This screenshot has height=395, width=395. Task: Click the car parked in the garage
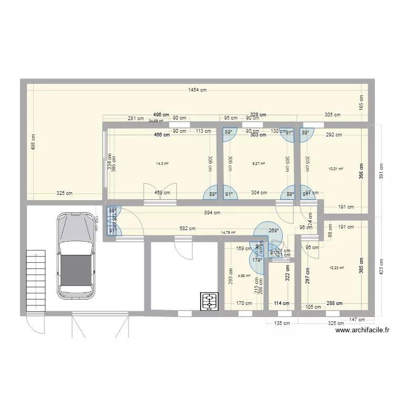point(76,255)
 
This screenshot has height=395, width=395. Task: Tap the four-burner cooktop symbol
point(210,301)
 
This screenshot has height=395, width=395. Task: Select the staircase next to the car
point(34,280)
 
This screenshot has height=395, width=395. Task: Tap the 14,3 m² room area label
point(162,164)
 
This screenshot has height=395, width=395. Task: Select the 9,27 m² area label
point(258,164)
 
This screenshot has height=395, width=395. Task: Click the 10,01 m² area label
point(335,169)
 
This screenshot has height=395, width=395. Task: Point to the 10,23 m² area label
point(335,268)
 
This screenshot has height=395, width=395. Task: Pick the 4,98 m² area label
point(244,275)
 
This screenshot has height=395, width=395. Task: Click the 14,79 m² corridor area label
point(228,232)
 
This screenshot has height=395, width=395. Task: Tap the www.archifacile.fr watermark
point(362,330)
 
